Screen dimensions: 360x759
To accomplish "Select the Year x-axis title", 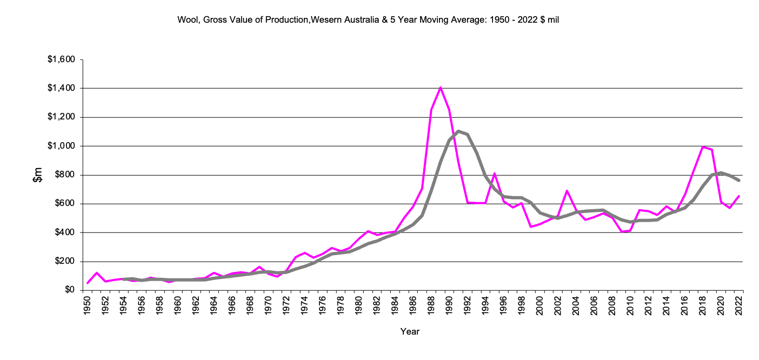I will (410, 331).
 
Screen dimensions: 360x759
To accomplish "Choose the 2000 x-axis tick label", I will (540, 306).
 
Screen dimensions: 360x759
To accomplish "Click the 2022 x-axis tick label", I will (738, 306).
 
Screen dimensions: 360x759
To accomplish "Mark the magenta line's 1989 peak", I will (441, 88).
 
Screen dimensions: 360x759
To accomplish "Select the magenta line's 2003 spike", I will (567, 191).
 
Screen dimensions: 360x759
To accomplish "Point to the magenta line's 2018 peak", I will (702, 146).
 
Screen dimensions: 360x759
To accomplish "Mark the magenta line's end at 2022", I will (738, 196).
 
